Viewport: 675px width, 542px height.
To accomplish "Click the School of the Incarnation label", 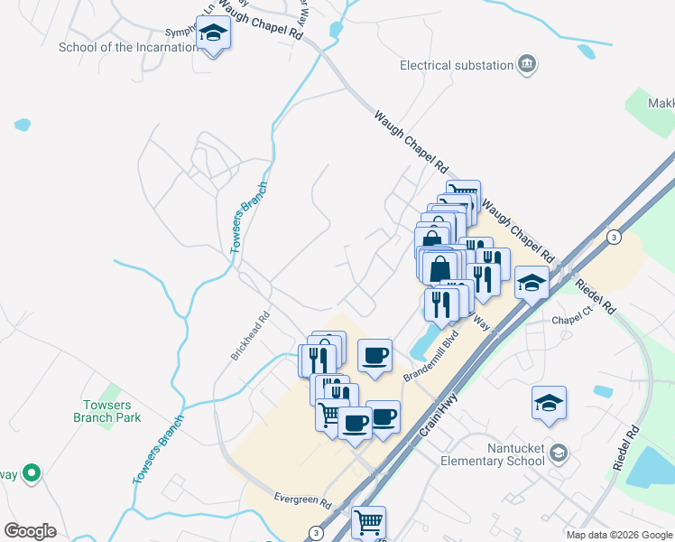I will tap(127, 48).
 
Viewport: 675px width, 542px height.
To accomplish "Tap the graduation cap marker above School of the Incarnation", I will tap(213, 33).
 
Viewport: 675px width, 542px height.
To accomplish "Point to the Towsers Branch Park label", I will tap(107, 411).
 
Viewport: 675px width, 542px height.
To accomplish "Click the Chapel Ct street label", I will tap(569, 320).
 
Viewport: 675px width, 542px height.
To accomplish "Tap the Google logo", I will tap(30, 531).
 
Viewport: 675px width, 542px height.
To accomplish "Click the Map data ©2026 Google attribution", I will tap(619, 535).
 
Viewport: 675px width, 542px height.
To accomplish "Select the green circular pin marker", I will tap(32, 472).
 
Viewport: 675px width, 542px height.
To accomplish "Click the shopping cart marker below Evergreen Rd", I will tap(368, 521).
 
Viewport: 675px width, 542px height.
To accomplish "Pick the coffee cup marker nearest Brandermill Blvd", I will tap(374, 354).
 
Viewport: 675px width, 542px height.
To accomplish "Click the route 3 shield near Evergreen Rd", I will tap(315, 532).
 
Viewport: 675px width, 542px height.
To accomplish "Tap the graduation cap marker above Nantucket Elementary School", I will tap(549, 402).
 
